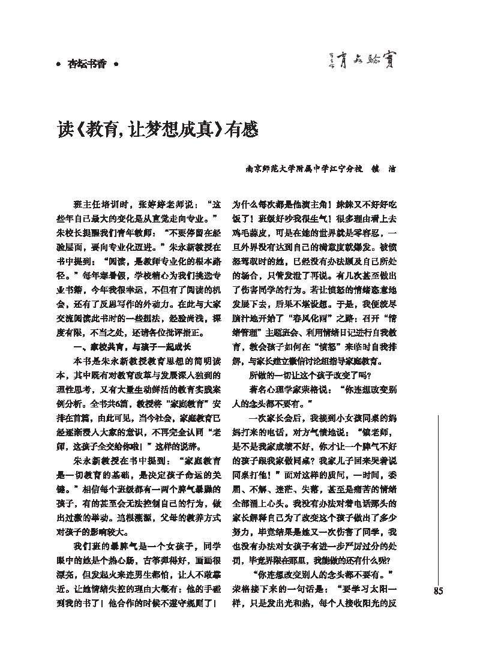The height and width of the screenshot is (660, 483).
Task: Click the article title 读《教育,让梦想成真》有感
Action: coord(158,128)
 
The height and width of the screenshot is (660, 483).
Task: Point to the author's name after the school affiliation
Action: coord(383,169)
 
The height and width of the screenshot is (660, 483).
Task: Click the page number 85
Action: coord(437,591)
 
